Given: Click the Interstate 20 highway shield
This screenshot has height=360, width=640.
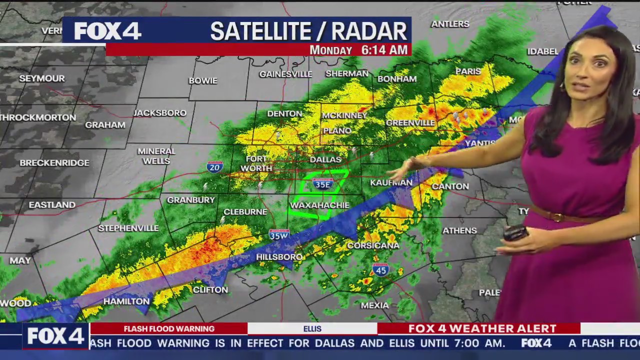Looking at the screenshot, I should click(x=214, y=167).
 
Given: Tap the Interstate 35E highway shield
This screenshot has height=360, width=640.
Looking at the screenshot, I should click(x=323, y=183).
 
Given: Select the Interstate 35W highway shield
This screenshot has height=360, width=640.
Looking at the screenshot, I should click(x=279, y=234).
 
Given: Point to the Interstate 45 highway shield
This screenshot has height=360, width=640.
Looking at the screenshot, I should click(x=380, y=270).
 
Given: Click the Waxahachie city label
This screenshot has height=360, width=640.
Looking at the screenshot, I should click(x=319, y=205).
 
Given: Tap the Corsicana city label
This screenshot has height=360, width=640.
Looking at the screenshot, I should click(x=373, y=245).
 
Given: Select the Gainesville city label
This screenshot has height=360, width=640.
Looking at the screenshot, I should click(x=285, y=74).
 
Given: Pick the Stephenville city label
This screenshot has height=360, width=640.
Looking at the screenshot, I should click(x=128, y=228).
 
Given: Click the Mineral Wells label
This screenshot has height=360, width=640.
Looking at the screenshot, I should click(x=156, y=156).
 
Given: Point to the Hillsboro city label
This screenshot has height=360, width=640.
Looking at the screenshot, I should click(x=279, y=257).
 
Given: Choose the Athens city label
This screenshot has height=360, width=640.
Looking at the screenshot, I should click(x=459, y=230).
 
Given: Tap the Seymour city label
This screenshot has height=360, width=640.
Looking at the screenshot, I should click(x=42, y=78).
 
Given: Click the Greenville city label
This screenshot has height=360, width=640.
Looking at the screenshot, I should click(x=410, y=122).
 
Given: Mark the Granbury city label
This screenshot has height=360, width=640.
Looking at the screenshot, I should click(x=190, y=200).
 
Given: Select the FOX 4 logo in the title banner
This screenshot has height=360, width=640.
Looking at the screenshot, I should click(x=107, y=31).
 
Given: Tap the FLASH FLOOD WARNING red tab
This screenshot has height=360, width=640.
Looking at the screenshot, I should click(x=169, y=328).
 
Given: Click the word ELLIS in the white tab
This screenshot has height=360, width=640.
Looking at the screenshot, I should click(x=312, y=328).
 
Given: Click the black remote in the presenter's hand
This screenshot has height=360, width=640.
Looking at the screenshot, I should click(x=516, y=233).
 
